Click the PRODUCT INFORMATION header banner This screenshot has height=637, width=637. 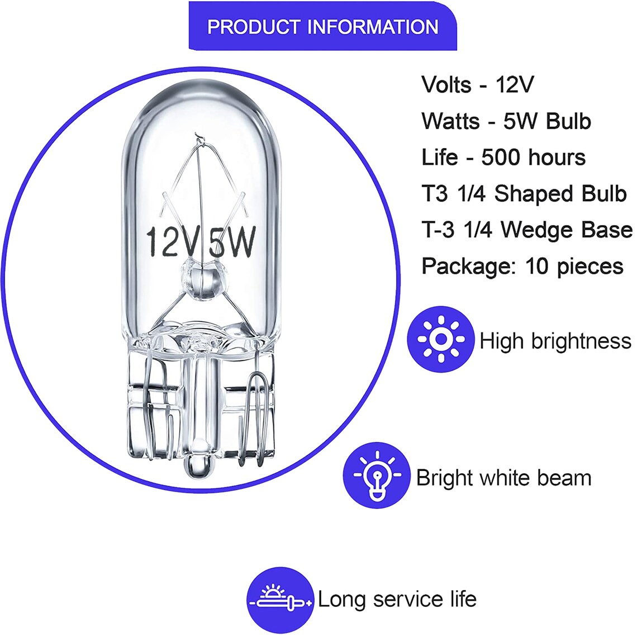pos(323,27)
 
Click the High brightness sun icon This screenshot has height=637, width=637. pos(441,339)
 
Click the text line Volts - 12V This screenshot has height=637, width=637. pos(478,84)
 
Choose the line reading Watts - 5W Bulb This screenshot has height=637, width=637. pos(506,121)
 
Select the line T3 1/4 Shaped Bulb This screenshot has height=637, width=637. pos(524,193)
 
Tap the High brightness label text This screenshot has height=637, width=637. pos(555,340)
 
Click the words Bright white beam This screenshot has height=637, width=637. pos(503,478)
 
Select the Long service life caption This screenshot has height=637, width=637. pos(397,600)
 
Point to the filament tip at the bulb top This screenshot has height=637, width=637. pos(197,136)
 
